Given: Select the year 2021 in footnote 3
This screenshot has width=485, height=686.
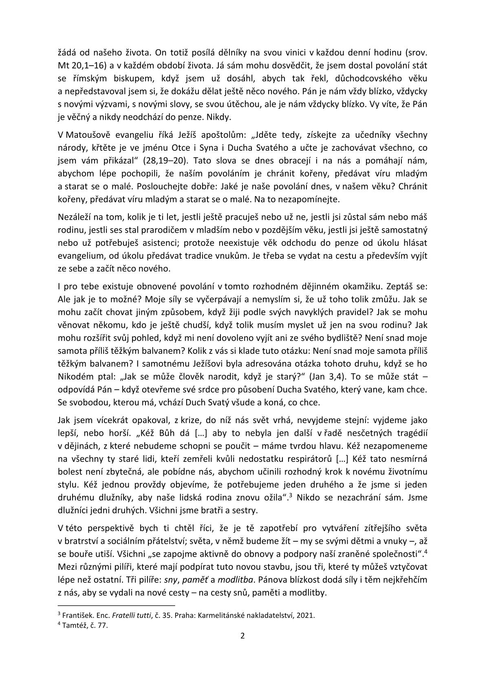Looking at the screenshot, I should (x=306, y=615).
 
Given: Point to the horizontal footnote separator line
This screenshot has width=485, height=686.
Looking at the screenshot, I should (x=116, y=606).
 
